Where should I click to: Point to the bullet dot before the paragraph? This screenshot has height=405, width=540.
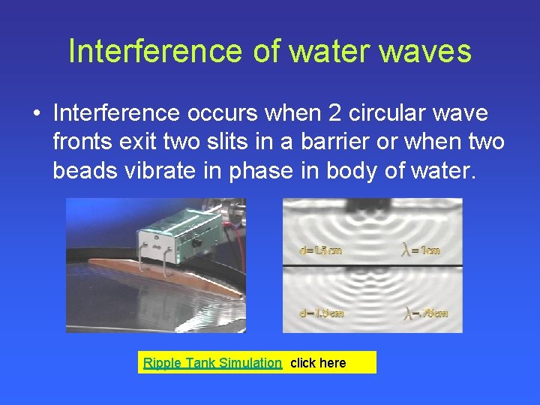point(35,114)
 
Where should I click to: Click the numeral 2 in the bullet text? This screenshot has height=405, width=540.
point(336,113)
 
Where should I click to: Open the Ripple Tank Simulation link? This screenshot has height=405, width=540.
point(212,363)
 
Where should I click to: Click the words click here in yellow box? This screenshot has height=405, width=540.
point(318,363)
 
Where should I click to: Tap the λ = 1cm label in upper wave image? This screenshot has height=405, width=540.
point(421,250)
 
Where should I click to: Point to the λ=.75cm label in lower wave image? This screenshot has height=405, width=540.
point(425,313)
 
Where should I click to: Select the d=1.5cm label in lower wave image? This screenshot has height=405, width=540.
point(322,313)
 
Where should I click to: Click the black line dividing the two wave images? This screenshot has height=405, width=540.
point(372,266)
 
